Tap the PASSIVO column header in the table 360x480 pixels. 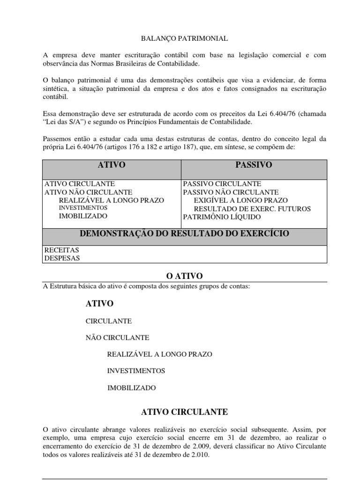click(x=255, y=165)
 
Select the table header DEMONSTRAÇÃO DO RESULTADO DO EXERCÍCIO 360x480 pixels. click(x=184, y=233)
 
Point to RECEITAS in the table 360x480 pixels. click(x=61, y=250)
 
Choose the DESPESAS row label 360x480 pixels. click(x=62, y=258)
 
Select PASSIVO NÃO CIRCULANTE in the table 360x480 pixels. click(x=231, y=192)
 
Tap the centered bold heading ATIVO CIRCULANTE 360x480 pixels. click(x=184, y=412)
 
